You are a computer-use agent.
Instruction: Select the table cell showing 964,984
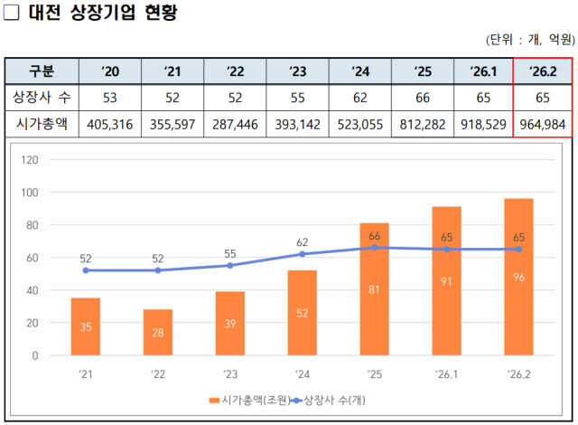pyautogui.click(x=542, y=124)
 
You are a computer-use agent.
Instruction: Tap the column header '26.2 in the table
pyautogui.click(x=542, y=71)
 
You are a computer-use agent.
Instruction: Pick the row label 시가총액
pyautogui.click(x=42, y=124)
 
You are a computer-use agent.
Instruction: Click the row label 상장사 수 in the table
pyautogui.click(x=42, y=97)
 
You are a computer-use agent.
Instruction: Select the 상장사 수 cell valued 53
pyautogui.click(x=110, y=97)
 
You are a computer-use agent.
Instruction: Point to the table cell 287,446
pyautogui.click(x=235, y=124)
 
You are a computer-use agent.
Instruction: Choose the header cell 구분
pyautogui.click(x=42, y=71)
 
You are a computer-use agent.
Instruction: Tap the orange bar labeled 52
pyautogui.click(x=302, y=313)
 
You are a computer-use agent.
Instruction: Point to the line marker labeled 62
pyautogui.click(x=302, y=254)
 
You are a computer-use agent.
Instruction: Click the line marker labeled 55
pyautogui.click(x=229, y=265)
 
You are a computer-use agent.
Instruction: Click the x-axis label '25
pyautogui.click(x=374, y=373)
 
